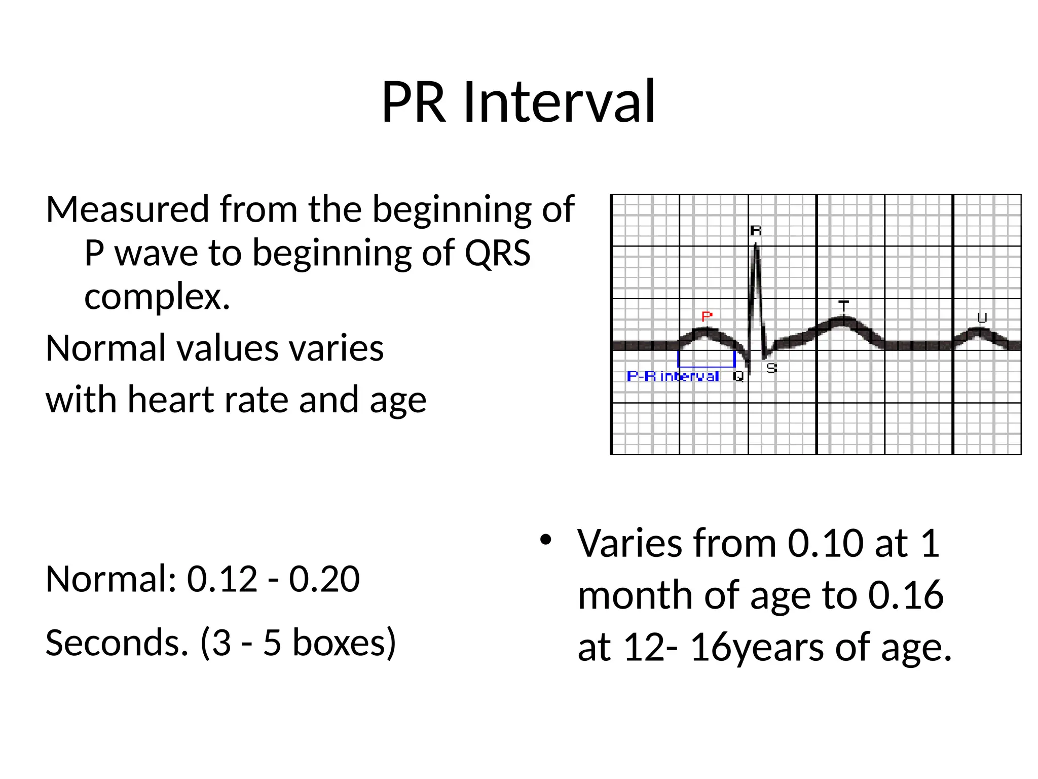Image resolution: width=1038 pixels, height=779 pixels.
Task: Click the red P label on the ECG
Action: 707,317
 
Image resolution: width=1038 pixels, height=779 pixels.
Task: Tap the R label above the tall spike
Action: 755,231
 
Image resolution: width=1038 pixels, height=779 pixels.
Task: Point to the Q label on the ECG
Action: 738,376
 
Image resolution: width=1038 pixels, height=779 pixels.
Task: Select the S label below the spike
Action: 771,369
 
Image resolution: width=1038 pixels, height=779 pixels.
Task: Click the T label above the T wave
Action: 843,306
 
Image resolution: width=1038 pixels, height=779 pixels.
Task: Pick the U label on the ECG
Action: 982,318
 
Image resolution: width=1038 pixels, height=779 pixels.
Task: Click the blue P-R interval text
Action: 673,376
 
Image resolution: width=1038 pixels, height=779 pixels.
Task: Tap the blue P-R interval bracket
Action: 706,365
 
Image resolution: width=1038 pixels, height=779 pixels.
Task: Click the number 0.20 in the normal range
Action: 324,579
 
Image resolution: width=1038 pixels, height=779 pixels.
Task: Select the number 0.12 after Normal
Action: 222,579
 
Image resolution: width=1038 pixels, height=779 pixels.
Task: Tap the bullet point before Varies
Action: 545,540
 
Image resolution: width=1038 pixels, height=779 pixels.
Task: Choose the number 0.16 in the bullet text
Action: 906,595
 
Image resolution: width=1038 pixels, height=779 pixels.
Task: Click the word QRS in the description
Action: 497,253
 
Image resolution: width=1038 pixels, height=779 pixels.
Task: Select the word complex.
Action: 157,297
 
